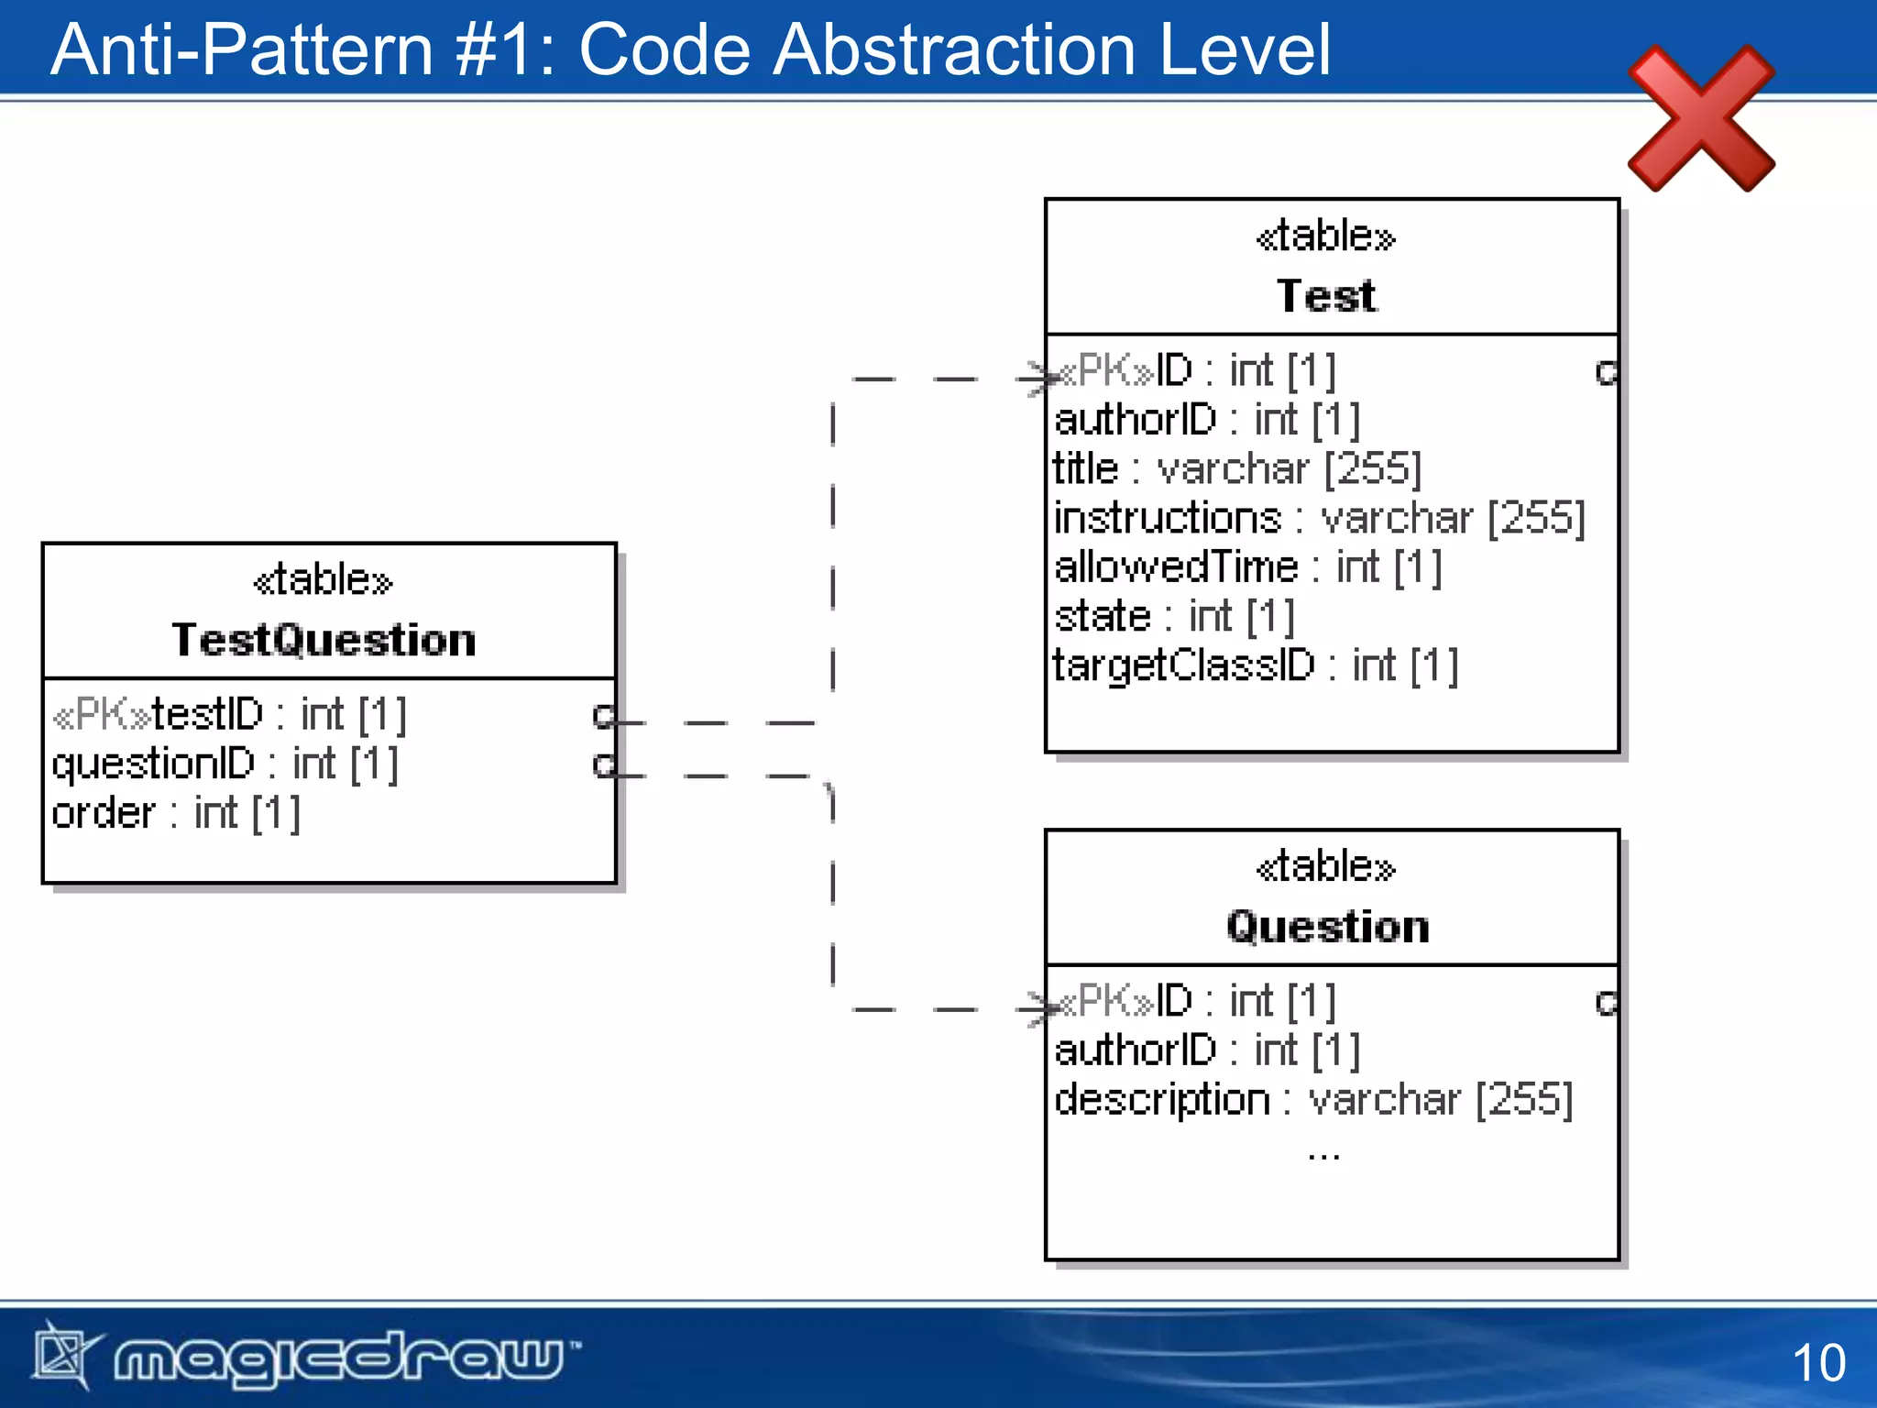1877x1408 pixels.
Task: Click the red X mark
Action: [1701, 119]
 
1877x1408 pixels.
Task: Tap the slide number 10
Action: [1818, 1362]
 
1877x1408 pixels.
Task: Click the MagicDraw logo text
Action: [339, 1358]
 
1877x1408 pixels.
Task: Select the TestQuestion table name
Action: [324, 639]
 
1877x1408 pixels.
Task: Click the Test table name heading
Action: [1326, 296]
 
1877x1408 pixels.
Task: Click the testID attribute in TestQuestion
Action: [229, 714]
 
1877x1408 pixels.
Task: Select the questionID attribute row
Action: [225, 764]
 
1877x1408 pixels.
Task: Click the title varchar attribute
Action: [1237, 468]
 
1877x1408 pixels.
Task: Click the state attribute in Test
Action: [1174, 616]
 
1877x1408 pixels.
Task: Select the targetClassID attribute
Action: [1255, 665]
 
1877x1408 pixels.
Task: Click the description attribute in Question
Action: [1312, 1099]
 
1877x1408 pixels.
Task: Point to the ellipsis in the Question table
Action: [1324, 1155]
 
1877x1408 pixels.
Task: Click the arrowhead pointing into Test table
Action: [1037, 379]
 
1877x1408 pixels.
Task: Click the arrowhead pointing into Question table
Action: [1037, 1009]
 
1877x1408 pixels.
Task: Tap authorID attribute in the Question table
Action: [1207, 1050]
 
